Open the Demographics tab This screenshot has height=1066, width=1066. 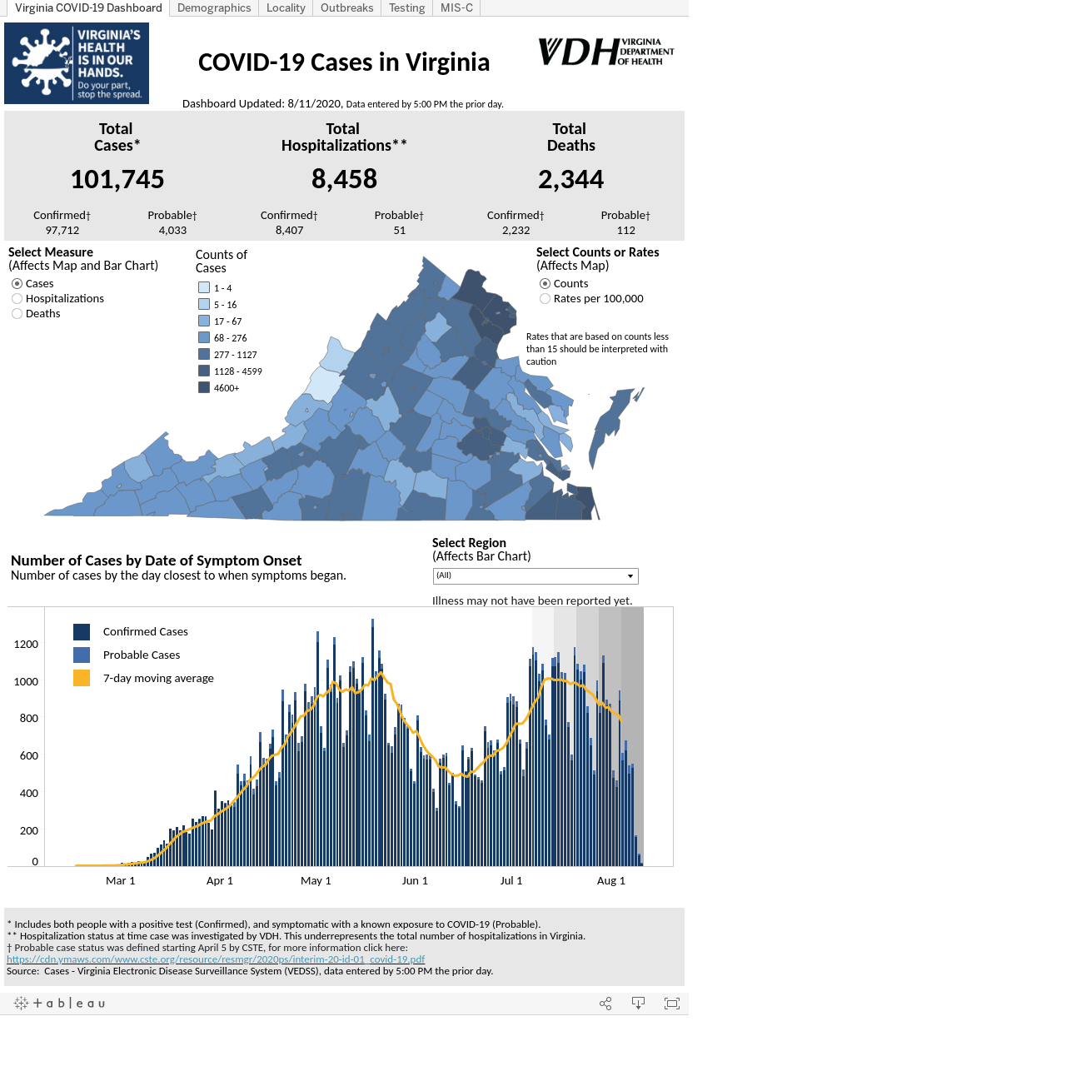(x=213, y=7)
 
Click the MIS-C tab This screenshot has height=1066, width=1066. (x=456, y=7)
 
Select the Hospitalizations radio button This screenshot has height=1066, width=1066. (x=17, y=299)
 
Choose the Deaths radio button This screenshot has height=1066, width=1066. (x=17, y=314)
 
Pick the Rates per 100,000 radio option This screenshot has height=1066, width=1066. (x=545, y=299)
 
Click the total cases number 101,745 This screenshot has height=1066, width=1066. (x=117, y=179)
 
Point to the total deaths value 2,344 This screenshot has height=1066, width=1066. (x=570, y=179)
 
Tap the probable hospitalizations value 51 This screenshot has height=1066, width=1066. (x=400, y=230)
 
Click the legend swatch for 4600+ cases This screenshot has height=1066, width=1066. (x=204, y=388)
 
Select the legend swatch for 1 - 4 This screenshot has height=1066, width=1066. (x=204, y=287)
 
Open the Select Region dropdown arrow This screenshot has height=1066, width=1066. (x=630, y=576)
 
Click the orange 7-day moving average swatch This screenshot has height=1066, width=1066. (x=82, y=678)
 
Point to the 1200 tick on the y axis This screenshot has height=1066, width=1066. (x=26, y=644)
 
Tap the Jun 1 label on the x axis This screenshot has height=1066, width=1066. (x=415, y=880)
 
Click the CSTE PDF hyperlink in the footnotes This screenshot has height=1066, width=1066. (x=216, y=959)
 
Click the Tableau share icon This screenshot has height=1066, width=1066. (x=605, y=1004)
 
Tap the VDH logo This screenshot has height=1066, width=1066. (x=605, y=52)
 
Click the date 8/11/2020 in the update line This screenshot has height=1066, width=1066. (x=314, y=103)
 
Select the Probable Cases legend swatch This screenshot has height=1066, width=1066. (x=82, y=655)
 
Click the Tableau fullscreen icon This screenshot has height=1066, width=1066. (x=671, y=1004)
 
